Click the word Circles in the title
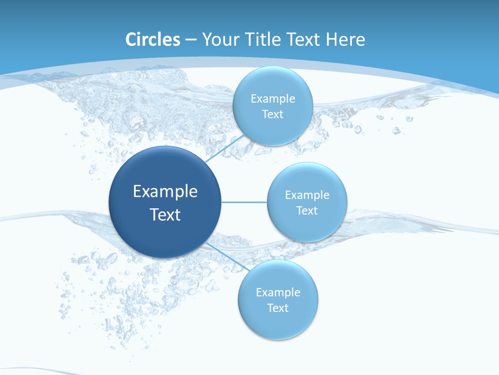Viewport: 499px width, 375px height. [x=153, y=40]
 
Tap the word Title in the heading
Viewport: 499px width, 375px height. [x=265, y=40]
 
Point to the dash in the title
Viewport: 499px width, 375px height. [x=190, y=40]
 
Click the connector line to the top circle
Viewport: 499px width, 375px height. [x=225, y=149]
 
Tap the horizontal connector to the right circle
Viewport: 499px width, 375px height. [x=244, y=202]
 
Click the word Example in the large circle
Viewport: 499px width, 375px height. [x=165, y=192]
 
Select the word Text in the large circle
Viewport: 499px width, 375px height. [x=165, y=215]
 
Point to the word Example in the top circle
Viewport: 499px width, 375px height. [x=273, y=98]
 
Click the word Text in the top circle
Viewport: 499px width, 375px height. [x=272, y=115]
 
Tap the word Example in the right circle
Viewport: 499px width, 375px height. [x=307, y=195]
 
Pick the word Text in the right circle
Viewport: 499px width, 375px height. [x=307, y=211]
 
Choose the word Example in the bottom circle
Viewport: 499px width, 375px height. [x=278, y=292]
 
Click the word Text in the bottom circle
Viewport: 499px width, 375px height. [x=278, y=308]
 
